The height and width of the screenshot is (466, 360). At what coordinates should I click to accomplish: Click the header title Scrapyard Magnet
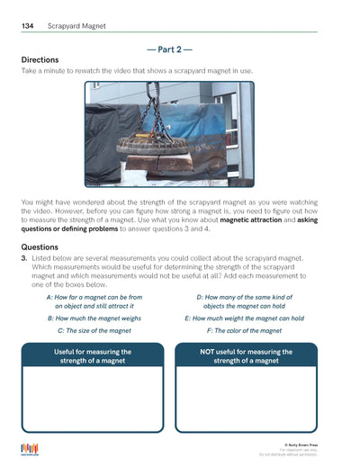click(x=76, y=26)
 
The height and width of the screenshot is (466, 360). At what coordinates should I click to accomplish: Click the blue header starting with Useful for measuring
click(x=93, y=356)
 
